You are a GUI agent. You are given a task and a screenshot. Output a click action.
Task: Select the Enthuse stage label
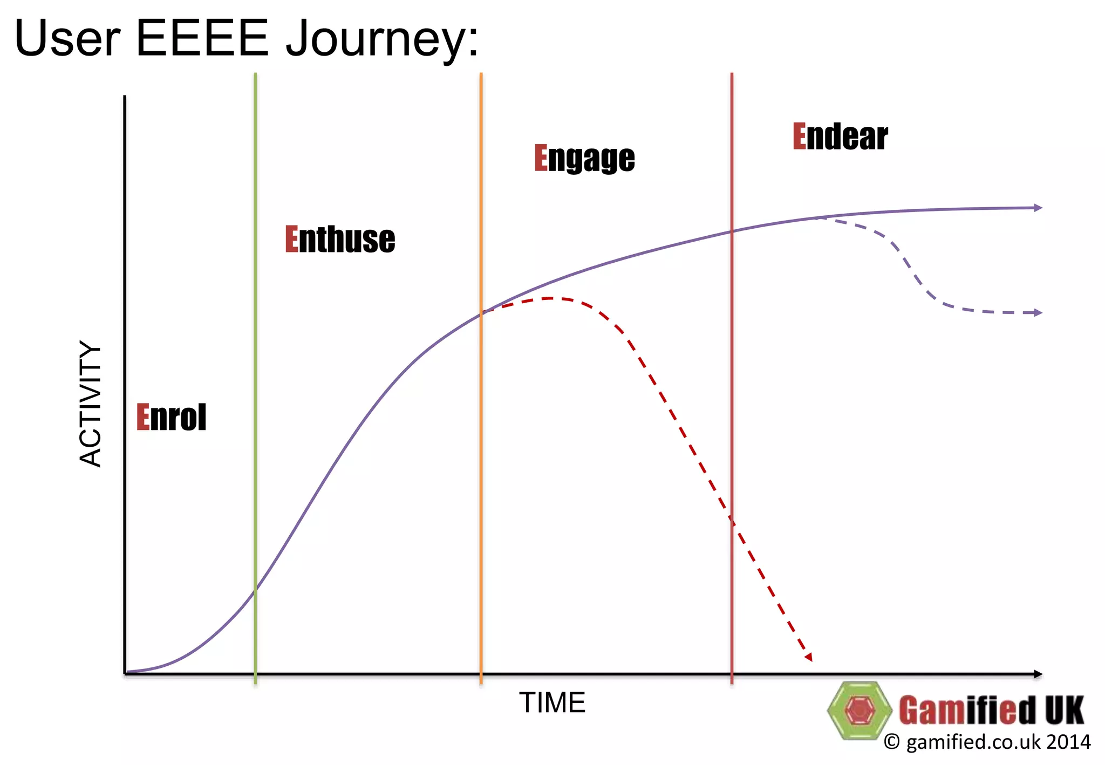click(x=340, y=240)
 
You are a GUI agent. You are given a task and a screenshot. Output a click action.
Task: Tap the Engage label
click(x=584, y=158)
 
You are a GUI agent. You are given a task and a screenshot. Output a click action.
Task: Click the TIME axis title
click(x=552, y=703)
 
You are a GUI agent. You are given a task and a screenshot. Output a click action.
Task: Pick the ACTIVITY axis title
click(x=91, y=404)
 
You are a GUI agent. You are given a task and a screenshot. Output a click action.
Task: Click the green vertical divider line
click(x=255, y=378)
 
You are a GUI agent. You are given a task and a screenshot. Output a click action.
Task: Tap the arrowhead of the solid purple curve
click(x=1038, y=208)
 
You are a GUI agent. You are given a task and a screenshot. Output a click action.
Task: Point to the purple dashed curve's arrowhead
click(x=1038, y=312)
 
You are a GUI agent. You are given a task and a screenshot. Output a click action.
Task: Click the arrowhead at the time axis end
click(x=1038, y=674)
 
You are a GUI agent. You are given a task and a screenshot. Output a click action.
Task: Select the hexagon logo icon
click(x=859, y=710)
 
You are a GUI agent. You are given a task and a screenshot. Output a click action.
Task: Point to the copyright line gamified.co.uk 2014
click(x=987, y=742)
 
